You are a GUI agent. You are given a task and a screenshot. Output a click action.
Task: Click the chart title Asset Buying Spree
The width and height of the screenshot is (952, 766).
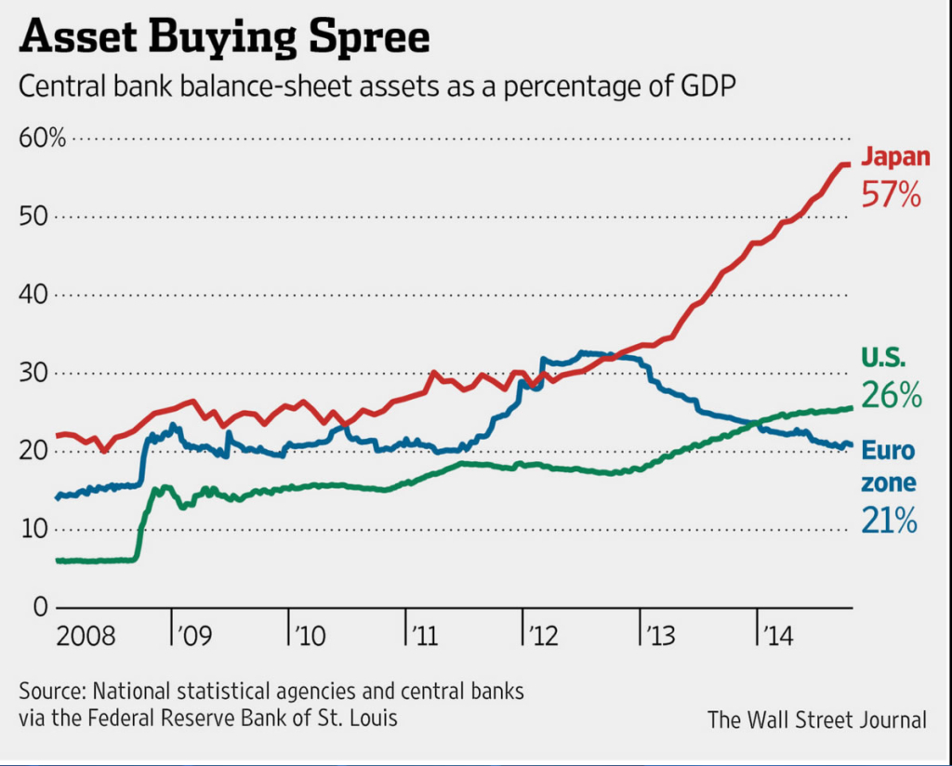[x=225, y=38]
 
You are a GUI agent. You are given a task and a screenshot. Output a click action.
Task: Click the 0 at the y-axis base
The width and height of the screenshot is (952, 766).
[x=39, y=607]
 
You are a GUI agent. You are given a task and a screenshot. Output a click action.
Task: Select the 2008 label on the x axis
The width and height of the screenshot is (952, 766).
[x=86, y=637]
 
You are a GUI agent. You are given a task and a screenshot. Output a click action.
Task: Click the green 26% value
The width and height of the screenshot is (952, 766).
[x=891, y=396]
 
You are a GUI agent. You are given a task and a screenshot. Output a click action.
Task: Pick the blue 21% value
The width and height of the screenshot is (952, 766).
[x=889, y=522]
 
